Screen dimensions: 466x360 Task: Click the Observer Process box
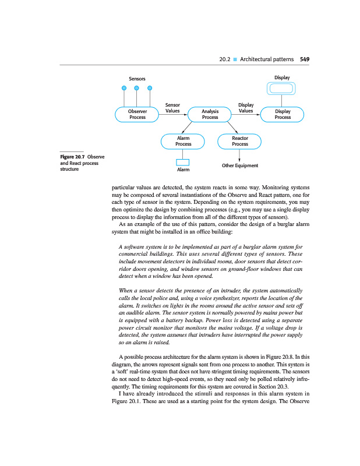tap(137, 114)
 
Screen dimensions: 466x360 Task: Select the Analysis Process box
tap(210, 114)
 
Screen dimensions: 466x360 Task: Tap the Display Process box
tap(283, 114)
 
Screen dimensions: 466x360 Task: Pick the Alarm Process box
tap(183, 141)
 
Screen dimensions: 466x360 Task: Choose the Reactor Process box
tap(239, 141)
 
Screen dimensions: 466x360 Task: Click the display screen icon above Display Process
tap(282, 89)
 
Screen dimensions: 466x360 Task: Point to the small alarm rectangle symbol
tap(183, 162)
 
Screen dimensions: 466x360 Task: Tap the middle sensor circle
tap(137, 89)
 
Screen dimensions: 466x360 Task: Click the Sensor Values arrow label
tap(172, 107)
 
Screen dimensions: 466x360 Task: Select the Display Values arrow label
tap(246, 107)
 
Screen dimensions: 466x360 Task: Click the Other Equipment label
tap(240, 165)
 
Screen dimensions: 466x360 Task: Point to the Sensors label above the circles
tap(137, 79)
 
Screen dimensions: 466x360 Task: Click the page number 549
tap(304, 59)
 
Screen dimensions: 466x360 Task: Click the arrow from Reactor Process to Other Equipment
tap(240, 154)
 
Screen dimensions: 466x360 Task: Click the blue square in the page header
tap(234, 59)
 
